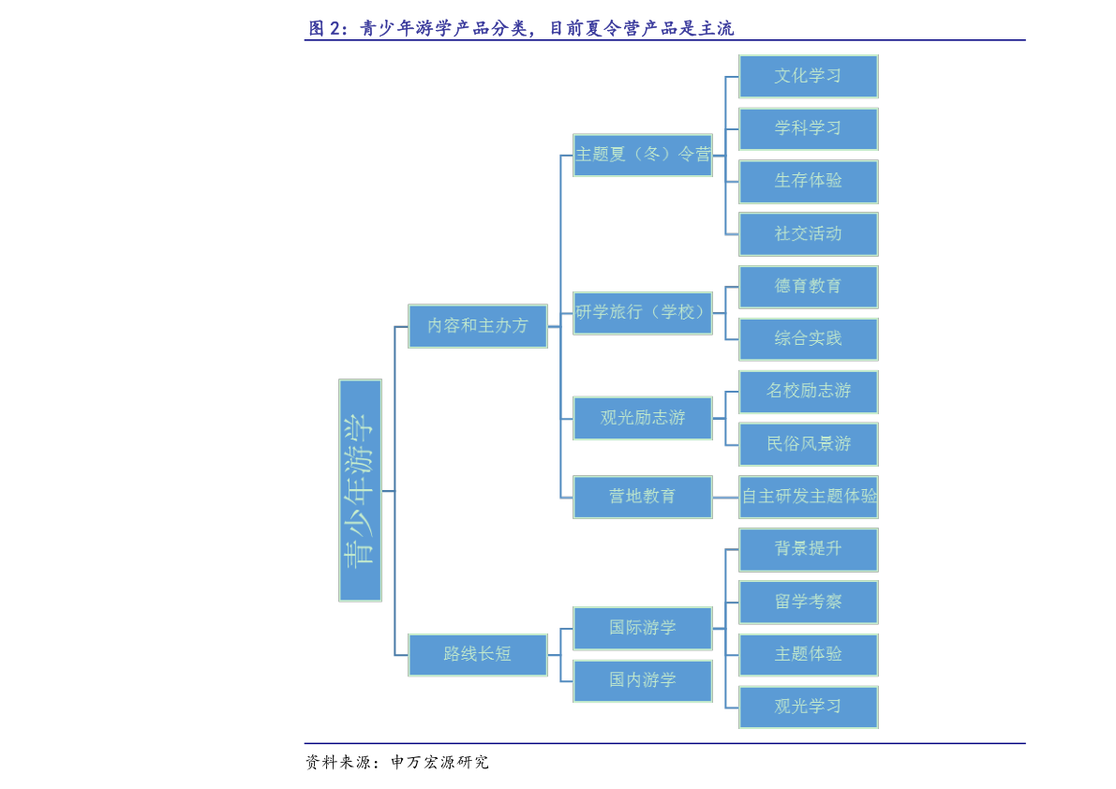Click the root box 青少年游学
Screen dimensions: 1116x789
360,490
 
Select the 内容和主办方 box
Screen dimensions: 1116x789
478,326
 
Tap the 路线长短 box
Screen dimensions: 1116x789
478,655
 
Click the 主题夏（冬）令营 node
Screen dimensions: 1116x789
643,155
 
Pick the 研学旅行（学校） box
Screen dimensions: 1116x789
643,312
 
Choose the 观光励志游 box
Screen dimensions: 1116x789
643,418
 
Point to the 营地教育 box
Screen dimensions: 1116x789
643,497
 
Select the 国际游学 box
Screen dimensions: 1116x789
643,628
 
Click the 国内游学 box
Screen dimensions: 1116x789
643,681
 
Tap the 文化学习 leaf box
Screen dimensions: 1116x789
809,76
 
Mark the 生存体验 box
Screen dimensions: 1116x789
809,182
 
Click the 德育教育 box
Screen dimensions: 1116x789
809,287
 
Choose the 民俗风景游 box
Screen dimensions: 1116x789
809,444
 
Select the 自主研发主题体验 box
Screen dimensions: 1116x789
809,497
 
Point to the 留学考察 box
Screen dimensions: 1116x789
809,602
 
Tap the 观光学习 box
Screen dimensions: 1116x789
809,707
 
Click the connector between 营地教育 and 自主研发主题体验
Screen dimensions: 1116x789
726,498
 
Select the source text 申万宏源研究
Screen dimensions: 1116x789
439,762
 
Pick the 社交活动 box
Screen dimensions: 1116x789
809,234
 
